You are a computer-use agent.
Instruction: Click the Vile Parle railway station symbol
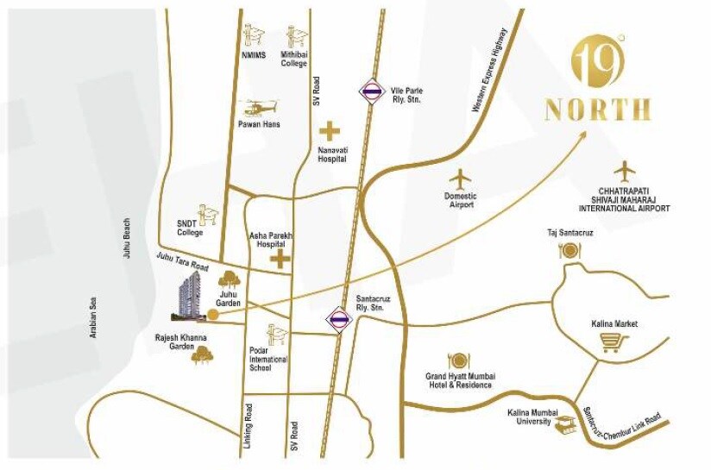(372, 91)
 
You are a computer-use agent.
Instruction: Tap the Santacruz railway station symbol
(338, 318)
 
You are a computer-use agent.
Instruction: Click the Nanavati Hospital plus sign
(330, 132)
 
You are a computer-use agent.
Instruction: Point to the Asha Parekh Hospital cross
(280, 260)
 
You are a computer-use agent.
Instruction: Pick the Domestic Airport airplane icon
(462, 179)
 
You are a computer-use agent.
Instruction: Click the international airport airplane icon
(624, 171)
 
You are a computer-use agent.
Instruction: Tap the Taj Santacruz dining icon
(568, 251)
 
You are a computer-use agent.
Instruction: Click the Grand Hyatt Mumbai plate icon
(457, 360)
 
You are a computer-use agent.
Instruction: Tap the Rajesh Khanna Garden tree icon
(203, 354)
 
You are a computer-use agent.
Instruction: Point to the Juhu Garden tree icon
(230, 279)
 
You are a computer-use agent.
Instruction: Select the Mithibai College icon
(296, 35)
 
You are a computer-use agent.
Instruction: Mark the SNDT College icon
(208, 214)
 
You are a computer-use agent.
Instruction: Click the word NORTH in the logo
(597, 110)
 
